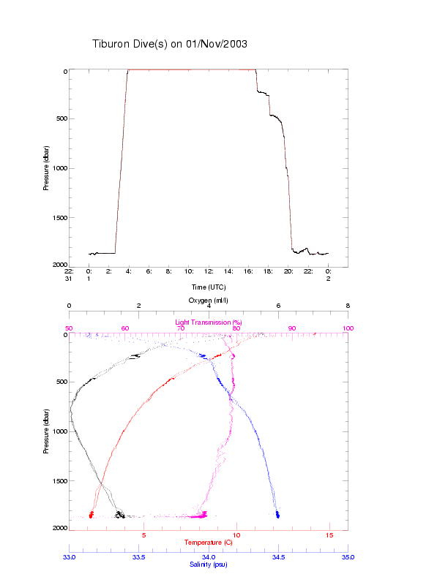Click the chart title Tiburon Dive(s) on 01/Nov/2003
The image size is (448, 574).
(170, 44)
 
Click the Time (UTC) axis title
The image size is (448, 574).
(209, 287)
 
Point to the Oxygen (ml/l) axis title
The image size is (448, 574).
(209, 301)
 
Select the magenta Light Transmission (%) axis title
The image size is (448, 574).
(209, 322)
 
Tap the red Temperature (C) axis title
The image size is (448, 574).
(209, 543)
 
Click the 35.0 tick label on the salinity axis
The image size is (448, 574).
(348, 556)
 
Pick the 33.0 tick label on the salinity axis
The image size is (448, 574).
(70, 556)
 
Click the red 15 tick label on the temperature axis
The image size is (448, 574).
(329, 536)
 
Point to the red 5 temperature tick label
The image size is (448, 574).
(144, 536)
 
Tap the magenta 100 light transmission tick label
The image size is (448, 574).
(348, 328)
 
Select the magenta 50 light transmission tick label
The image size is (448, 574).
(70, 328)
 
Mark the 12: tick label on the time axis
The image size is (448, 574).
(209, 271)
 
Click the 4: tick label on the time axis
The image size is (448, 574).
(129, 271)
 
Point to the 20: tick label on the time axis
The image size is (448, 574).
(288, 271)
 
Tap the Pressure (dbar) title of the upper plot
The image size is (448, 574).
(46, 167)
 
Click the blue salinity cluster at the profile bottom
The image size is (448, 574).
(277, 515)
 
